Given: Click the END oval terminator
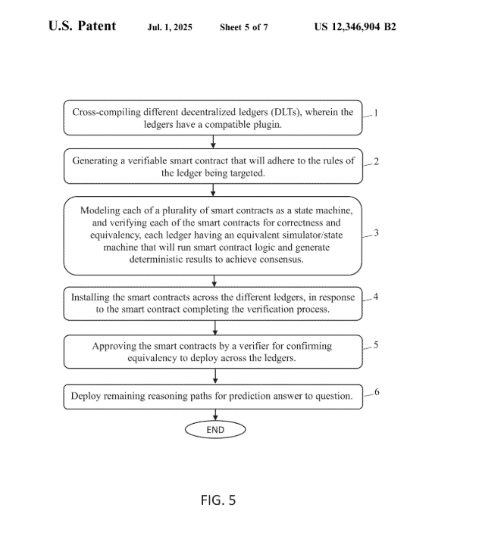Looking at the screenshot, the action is pyautogui.click(x=215, y=430).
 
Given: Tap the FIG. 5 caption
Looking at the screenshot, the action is pyautogui.click(x=218, y=500).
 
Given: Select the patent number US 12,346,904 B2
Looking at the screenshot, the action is pyautogui.click(x=355, y=26).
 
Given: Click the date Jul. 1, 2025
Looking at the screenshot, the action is pyautogui.click(x=170, y=27).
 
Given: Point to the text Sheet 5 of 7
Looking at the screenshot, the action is pyautogui.click(x=243, y=27).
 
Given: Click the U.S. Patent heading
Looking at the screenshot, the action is pyautogui.click(x=82, y=26).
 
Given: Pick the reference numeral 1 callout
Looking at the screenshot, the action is pyautogui.click(x=376, y=113).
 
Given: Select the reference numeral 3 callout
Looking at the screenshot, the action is pyautogui.click(x=376, y=233).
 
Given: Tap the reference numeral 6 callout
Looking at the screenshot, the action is pyautogui.click(x=377, y=392).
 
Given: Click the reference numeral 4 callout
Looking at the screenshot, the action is pyautogui.click(x=376, y=297).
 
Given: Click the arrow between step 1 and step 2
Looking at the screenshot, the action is pyautogui.click(x=213, y=142).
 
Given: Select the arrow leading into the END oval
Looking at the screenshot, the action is pyautogui.click(x=215, y=415).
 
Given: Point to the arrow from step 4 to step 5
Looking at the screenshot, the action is pyautogui.click(x=215, y=328).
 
